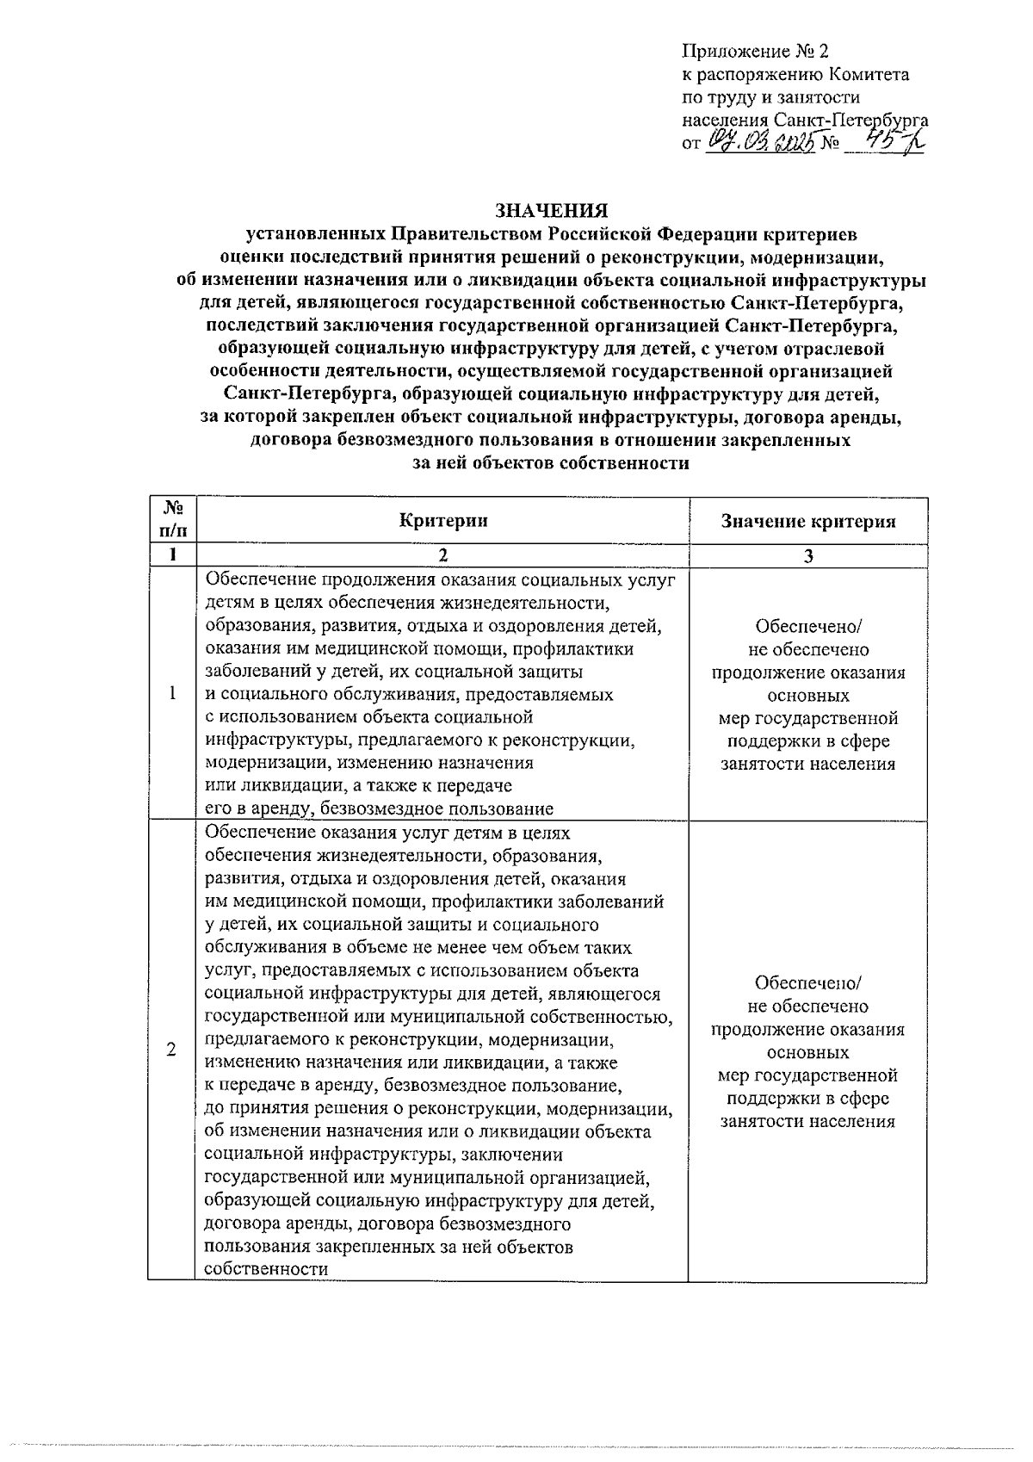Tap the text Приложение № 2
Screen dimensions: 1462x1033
(754, 53)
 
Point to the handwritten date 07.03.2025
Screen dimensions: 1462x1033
(762, 143)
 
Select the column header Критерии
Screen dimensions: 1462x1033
(442, 520)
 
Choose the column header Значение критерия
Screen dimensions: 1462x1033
(807, 521)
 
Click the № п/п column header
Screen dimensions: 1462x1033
(171, 520)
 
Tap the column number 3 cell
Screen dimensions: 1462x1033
(807, 556)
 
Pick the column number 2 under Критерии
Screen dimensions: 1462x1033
(442, 556)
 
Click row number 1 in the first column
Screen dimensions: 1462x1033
(172, 694)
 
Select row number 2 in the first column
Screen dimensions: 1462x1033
(171, 1050)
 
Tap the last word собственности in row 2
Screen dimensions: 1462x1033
(267, 1269)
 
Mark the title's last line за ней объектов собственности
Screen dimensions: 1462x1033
(551, 463)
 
